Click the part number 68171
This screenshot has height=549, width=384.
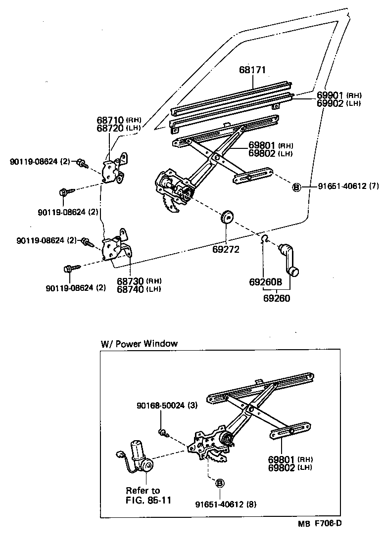click(x=252, y=70)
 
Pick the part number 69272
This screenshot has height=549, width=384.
click(x=226, y=250)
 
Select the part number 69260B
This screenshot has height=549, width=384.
click(x=266, y=282)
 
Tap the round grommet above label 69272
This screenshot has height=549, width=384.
click(x=227, y=217)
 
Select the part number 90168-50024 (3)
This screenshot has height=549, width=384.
click(x=167, y=406)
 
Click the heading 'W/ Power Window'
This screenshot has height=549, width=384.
click(x=139, y=343)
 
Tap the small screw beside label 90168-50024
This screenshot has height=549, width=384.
click(x=164, y=434)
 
